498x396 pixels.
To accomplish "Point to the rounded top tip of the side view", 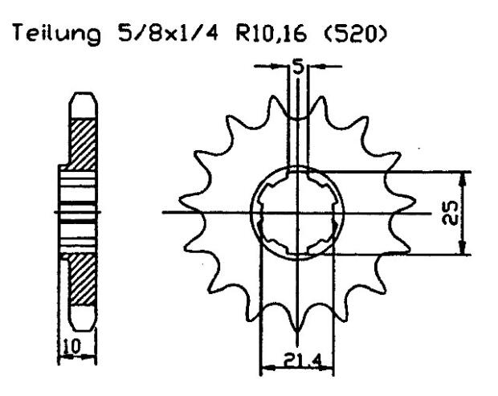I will click(84, 99).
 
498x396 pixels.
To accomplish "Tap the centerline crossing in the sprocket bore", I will click(298, 213).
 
